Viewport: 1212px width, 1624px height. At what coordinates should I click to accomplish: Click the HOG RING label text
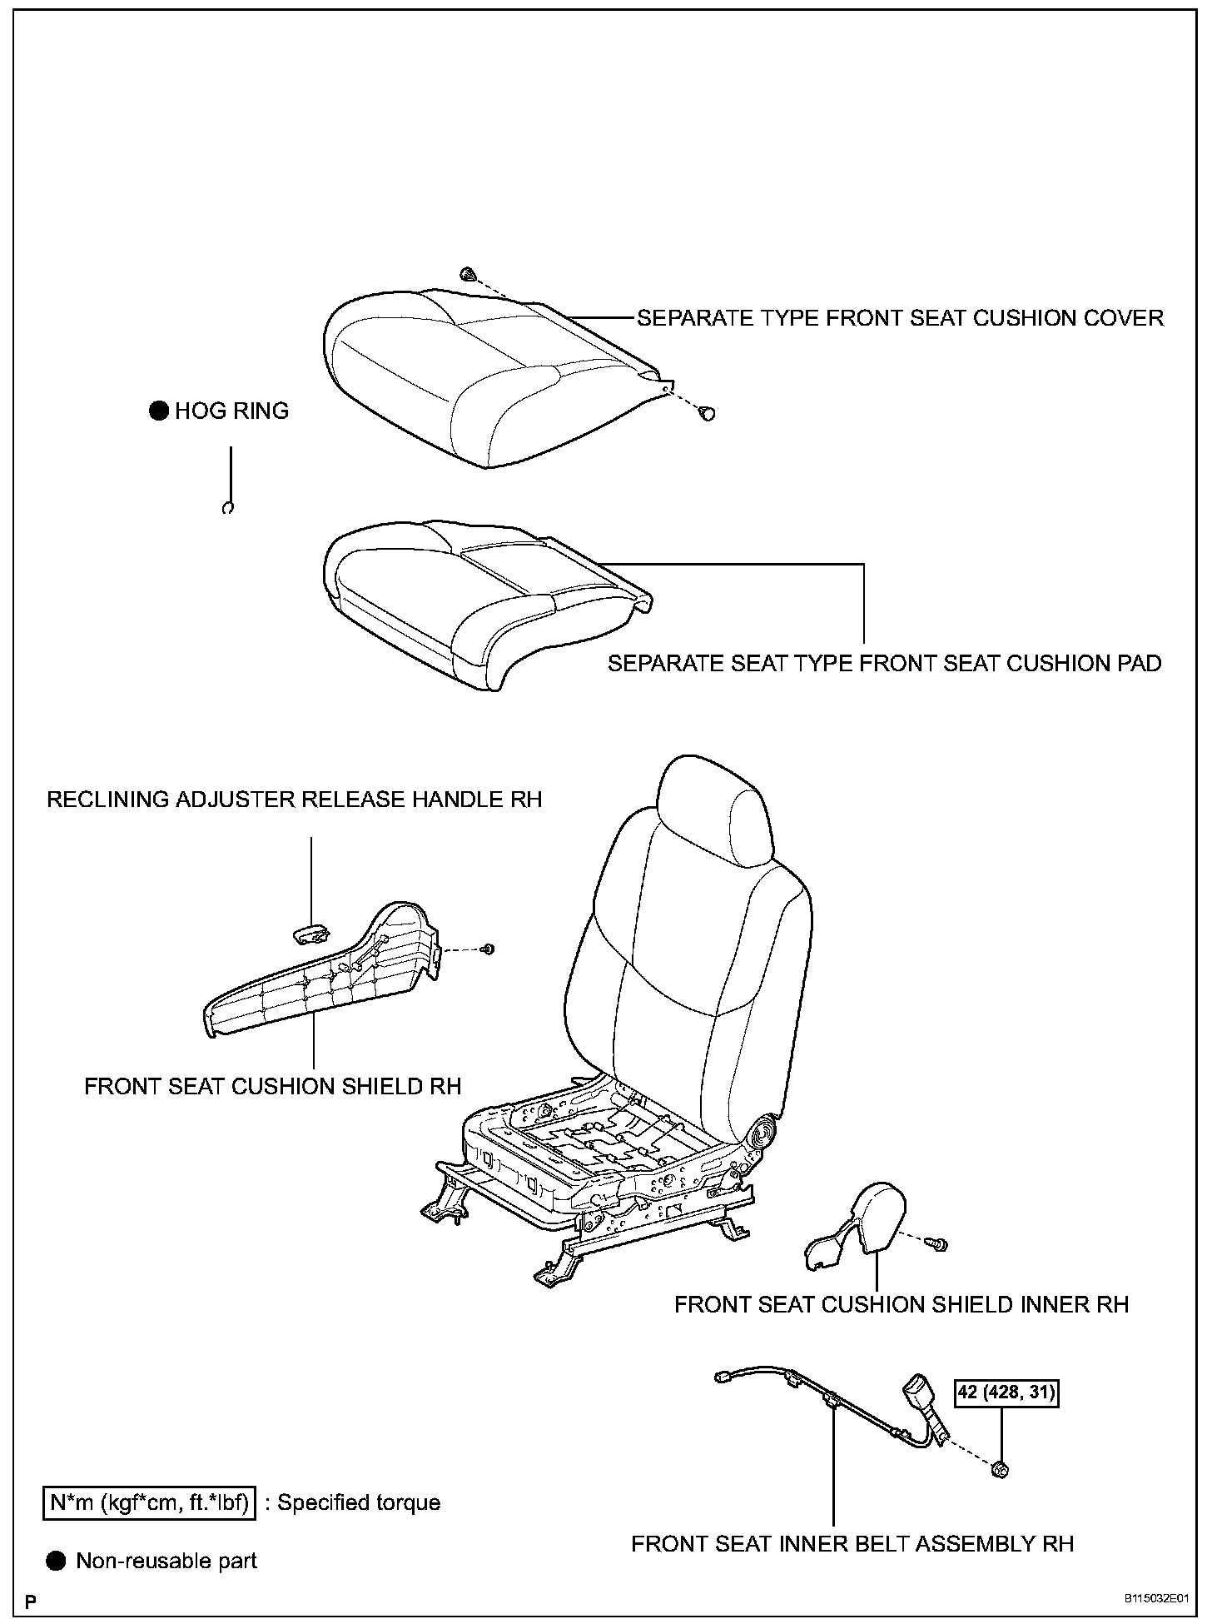pos(231,411)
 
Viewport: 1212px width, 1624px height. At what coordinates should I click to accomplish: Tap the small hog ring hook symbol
pos(227,507)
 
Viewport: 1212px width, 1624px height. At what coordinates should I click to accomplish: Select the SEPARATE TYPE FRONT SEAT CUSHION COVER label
pos(900,318)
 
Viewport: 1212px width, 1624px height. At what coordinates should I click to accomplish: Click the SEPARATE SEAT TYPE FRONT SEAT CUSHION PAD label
pos(884,664)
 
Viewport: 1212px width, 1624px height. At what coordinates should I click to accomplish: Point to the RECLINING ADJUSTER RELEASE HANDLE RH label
pos(294,800)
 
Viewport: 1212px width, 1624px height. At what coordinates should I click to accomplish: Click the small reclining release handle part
pos(311,934)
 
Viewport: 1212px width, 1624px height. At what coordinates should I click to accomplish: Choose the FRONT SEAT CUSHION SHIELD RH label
pos(272,1086)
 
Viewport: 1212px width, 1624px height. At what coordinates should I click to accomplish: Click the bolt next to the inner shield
pos(938,1243)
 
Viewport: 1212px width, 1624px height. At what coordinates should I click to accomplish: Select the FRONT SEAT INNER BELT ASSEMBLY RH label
pos(852,1543)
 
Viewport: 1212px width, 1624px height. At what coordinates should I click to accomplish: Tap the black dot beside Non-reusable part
pos(56,1560)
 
